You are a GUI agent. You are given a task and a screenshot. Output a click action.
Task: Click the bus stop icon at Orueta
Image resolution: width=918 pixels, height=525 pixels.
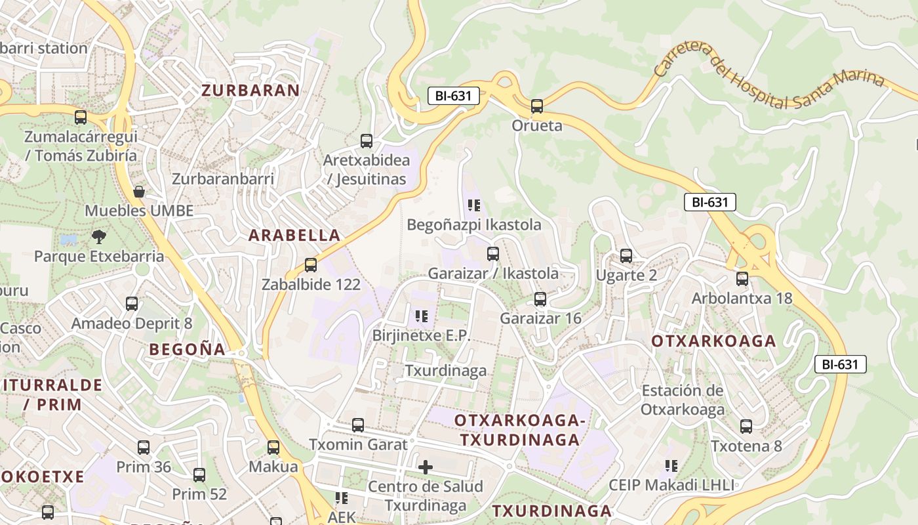pyautogui.click(x=537, y=106)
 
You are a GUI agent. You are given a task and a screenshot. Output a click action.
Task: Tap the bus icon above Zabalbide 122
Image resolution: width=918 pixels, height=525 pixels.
pyautogui.click(x=311, y=265)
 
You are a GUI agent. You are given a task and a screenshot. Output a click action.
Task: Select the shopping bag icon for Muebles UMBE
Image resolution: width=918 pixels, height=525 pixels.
pyautogui.click(x=139, y=192)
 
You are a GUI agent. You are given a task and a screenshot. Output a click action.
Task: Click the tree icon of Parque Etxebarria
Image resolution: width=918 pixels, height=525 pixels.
pyautogui.click(x=99, y=236)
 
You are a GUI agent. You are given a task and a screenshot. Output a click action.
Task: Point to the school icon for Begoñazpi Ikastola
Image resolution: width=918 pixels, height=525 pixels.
pyautogui.click(x=474, y=205)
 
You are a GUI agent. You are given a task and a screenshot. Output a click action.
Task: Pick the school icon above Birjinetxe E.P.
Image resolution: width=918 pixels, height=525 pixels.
pyautogui.click(x=422, y=316)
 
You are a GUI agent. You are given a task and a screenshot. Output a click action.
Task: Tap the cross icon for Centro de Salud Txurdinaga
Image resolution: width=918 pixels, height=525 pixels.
pyautogui.click(x=426, y=467)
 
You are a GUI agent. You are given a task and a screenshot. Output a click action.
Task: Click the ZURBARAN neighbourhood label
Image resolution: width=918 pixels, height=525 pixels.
pyautogui.click(x=250, y=91)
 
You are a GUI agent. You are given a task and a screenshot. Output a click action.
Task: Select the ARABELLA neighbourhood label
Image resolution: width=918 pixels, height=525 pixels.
pyautogui.click(x=294, y=235)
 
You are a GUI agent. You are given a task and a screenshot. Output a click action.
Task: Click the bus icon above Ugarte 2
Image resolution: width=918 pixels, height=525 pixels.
pyautogui.click(x=626, y=256)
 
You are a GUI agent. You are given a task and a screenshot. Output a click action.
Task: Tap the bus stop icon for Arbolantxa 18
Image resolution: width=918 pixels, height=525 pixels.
pyautogui.click(x=742, y=279)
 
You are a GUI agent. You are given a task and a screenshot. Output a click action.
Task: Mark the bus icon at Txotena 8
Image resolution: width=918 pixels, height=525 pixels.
pyautogui.click(x=746, y=427)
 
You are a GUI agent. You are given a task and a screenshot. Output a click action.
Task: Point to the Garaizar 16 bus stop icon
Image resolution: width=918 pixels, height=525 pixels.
pyautogui.click(x=540, y=299)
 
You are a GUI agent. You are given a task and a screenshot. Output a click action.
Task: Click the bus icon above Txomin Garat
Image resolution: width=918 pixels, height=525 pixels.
pyautogui.click(x=358, y=425)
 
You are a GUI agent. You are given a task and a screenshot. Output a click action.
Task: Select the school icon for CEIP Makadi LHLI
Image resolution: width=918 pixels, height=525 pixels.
pyautogui.click(x=671, y=466)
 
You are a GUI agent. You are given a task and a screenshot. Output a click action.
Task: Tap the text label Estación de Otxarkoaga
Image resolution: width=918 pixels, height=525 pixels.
pyautogui.click(x=683, y=400)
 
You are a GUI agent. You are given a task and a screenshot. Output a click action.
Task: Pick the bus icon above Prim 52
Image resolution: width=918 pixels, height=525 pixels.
pyautogui.click(x=199, y=474)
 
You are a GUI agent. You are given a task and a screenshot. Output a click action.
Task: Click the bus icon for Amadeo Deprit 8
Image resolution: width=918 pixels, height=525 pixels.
pyautogui.click(x=132, y=304)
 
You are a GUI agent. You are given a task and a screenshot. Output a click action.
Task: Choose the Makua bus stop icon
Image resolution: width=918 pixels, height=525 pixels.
pyautogui.click(x=273, y=448)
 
